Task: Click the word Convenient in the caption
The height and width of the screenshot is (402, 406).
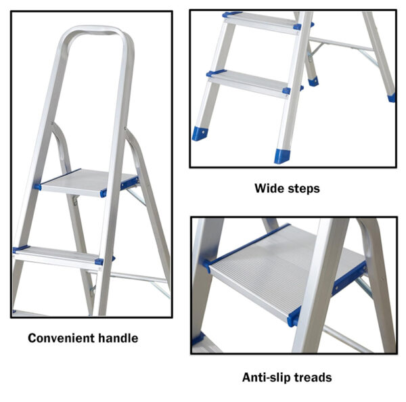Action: coord(61,338)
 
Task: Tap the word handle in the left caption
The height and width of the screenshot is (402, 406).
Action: coord(118,338)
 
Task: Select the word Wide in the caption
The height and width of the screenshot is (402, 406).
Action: coord(269,188)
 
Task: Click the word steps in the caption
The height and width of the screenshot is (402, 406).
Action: coord(304,189)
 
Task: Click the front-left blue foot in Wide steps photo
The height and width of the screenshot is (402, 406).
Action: coord(200,133)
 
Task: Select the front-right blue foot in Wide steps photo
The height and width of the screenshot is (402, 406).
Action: coord(281,156)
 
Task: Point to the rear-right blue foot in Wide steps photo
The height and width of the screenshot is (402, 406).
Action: coord(392,97)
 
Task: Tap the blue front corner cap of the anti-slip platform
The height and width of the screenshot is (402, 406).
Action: coord(294,317)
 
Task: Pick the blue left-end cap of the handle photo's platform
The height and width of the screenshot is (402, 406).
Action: coord(38,187)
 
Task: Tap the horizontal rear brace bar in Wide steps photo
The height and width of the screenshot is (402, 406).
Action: coord(341,44)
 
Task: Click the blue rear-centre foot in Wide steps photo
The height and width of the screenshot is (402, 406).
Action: coord(313,82)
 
